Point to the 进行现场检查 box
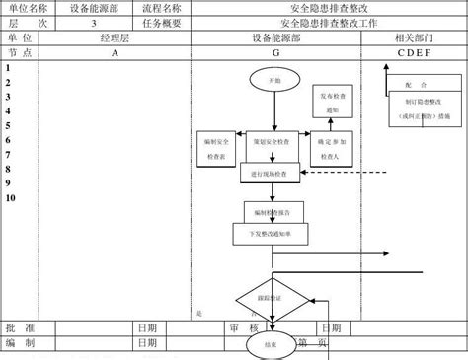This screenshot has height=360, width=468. (x=270, y=173)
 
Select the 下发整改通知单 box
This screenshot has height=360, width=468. (x=270, y=235)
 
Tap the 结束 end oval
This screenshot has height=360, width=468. (x=270, y=345)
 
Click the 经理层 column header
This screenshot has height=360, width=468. (x=116, y=39)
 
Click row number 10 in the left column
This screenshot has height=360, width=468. (x=11, y=197)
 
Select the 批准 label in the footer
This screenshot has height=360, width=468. (x=21, y=327)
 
